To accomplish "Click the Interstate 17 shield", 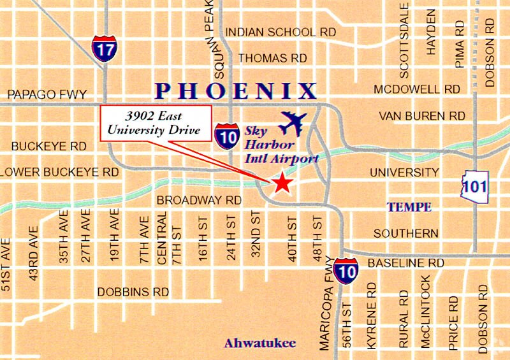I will tap(103, 48).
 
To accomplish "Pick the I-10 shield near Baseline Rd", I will tap(346, 270).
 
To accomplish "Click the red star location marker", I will tap(282, 184).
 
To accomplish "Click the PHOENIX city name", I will tap(237, 90).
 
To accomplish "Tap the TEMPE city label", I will tap(410, 207).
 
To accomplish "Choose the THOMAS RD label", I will tap(272, 58).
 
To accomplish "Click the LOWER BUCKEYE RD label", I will tap(60, 172).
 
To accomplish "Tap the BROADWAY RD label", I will tap(198, 200).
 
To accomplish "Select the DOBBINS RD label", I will tap(133, 292).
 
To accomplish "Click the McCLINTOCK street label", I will tap(425, 312).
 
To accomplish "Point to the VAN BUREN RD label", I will tap(422, 116).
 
